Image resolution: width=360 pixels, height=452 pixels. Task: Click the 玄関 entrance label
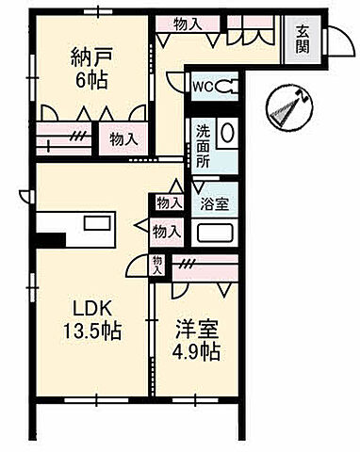pyautogui.click(x=302, y=39)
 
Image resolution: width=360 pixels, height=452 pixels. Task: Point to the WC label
pyautogui.click(x=203, y=86)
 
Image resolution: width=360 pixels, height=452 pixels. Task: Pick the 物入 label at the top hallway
pyautogui.click(x=187, y=23)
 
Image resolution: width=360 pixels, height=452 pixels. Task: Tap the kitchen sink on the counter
pyautogui.click(x=97, y=224)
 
